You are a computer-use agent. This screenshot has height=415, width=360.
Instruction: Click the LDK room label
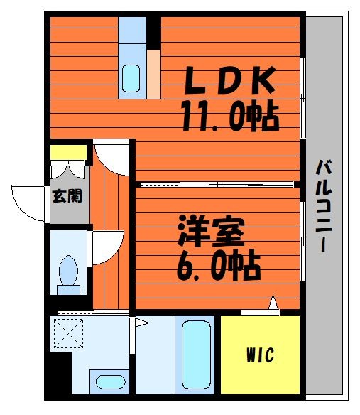pos(229,80)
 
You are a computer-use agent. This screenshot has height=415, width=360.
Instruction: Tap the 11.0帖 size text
pos(230,117)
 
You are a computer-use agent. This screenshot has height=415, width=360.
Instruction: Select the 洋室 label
pos(211,230)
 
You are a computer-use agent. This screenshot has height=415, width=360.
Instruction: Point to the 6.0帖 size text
pos(219,265)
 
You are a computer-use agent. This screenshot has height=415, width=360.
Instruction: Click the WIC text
pos(261,355)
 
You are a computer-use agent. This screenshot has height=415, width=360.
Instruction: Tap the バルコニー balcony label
pos(324,206)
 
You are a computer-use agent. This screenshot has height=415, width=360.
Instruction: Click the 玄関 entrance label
pos(67,196)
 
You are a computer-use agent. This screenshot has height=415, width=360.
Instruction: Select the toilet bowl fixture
pos(68,274)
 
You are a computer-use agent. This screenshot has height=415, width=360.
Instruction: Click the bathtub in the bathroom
pos(196,355)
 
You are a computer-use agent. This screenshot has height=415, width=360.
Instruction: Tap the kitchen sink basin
pos(131,78)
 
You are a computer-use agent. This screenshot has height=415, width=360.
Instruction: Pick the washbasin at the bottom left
pos(110,382)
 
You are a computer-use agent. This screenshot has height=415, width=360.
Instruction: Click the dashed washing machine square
pos(68,333)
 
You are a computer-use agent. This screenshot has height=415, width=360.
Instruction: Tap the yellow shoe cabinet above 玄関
pos(68,152)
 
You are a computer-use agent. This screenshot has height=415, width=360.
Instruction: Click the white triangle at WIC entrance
pos(273,302)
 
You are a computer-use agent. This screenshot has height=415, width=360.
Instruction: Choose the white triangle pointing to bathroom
pos(142,323)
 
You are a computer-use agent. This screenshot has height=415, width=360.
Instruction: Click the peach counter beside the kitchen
pos(153,74)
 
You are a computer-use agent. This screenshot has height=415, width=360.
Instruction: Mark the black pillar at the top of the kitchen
pos(153,33)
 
